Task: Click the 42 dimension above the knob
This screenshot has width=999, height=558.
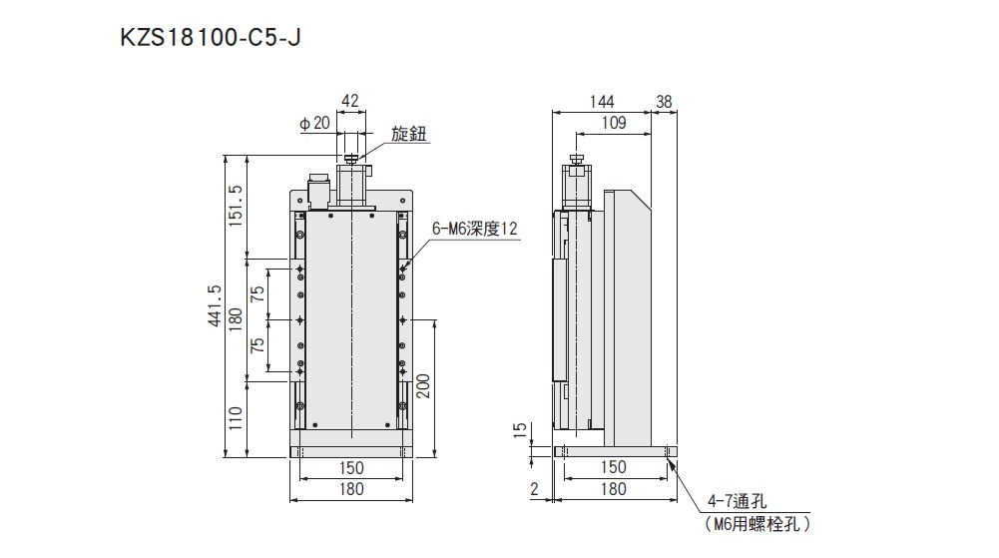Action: pos(350,100)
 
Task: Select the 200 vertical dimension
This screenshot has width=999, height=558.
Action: pos(422,385)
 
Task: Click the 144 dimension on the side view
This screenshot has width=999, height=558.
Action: pos(601,101)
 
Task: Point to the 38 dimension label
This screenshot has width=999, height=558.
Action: pos(665,101)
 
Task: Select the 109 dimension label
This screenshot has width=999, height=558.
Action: pos(614,123)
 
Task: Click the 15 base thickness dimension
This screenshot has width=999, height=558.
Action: pos(517,430)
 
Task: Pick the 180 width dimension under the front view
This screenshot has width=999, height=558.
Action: pos(350,489)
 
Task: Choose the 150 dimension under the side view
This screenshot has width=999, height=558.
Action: pos(614,467)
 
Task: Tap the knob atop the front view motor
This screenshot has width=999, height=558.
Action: pos(350,158)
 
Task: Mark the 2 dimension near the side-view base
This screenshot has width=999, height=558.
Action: pos(535,489)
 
